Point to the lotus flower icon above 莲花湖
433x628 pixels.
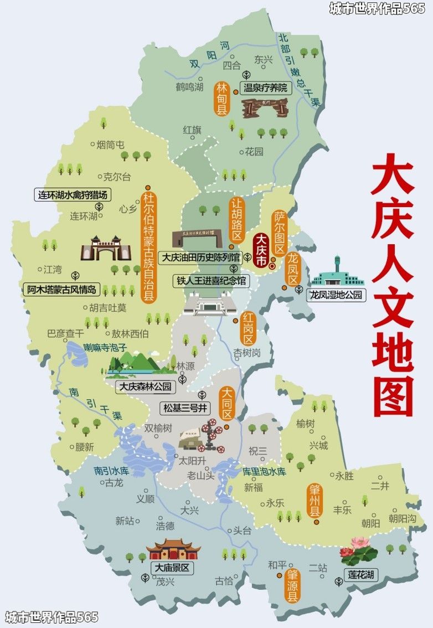point(358,550)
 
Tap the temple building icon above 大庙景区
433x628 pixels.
point(173,548)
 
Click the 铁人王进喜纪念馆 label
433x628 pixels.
point(210,281)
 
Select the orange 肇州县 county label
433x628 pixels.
point(315,500)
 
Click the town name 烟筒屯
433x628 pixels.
point(110,145)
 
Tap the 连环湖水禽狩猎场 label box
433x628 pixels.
point(72,195)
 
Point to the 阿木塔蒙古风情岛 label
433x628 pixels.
point(61,289)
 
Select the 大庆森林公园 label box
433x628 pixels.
point(146,386)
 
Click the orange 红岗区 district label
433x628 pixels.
point(248,328)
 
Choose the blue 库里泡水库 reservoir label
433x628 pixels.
point(264,471)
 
